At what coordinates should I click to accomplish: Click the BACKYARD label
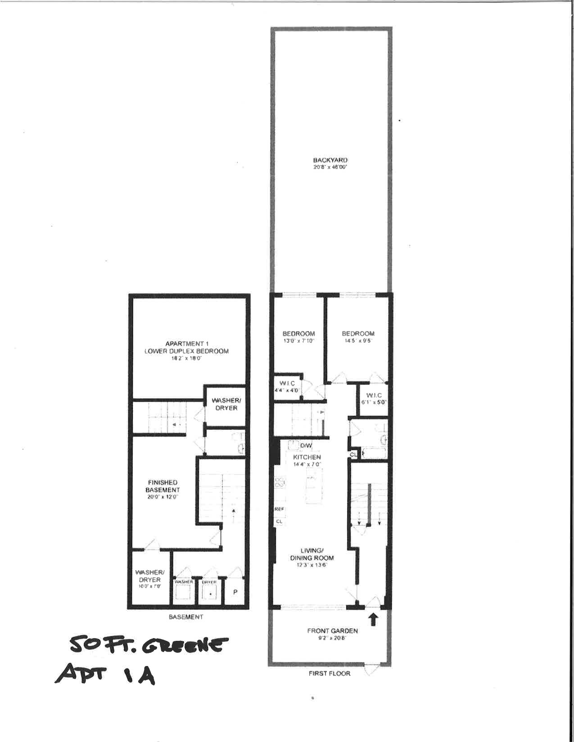[330, 161]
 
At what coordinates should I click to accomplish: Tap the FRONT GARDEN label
[332, 631]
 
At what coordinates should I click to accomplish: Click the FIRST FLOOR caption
[330, 673]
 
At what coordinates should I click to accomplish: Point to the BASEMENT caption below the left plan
[185, 617]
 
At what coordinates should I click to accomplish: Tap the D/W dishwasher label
[306, 446]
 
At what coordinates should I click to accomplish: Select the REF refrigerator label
[279, 509]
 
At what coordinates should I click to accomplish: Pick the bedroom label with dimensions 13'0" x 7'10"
[298, 334]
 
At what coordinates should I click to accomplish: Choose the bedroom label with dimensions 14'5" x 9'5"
[358, 334]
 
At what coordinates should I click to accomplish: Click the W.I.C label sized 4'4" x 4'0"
[287, 383]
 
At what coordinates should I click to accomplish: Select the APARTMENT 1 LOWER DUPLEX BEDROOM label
[186, 348]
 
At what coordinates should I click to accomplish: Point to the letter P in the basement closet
[235, 592]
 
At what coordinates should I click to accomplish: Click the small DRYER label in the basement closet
[209, 582]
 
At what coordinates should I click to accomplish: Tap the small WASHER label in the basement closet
[184, 582]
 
